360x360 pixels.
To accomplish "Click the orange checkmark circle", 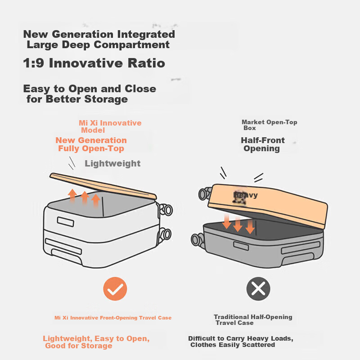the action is pyautogui.click(x=115, y=289).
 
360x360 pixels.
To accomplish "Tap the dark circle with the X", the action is pyautogui.click(x=258, y=289).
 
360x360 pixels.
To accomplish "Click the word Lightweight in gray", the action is pyautogui.click(x=112, y=163).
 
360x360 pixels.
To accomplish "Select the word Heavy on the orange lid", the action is pyautogui.click(x=245, y=195).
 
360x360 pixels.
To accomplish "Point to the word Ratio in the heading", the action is pyautogui.click(x=146, y=63).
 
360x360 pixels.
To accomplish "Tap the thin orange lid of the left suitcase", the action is pyautogui.click(x=103, y=186).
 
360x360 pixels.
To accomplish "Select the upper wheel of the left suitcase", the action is pyautogui.click(x=166, y=210).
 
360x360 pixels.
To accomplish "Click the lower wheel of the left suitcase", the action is pyautogui.click(x=165, y=234).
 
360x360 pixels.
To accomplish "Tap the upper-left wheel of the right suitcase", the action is pyautogui.click(x=205, y=193).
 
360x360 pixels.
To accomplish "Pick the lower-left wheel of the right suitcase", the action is pyautogui.click(x=197, y=240).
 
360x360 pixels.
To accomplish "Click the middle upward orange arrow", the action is pyautogui.click(x=85, y=198).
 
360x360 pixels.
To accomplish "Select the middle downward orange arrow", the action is pyautogui.click(x=238, y=224).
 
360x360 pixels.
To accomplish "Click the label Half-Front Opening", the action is pyautogui.click(x=263, y=144).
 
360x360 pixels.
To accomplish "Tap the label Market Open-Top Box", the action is pyautogui.click(x=269, y=125).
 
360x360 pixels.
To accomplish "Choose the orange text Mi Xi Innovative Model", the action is pyautogui.click(x=110, y=126).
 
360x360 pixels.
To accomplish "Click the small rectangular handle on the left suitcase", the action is pyautogui.click(x=65, y=222).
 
